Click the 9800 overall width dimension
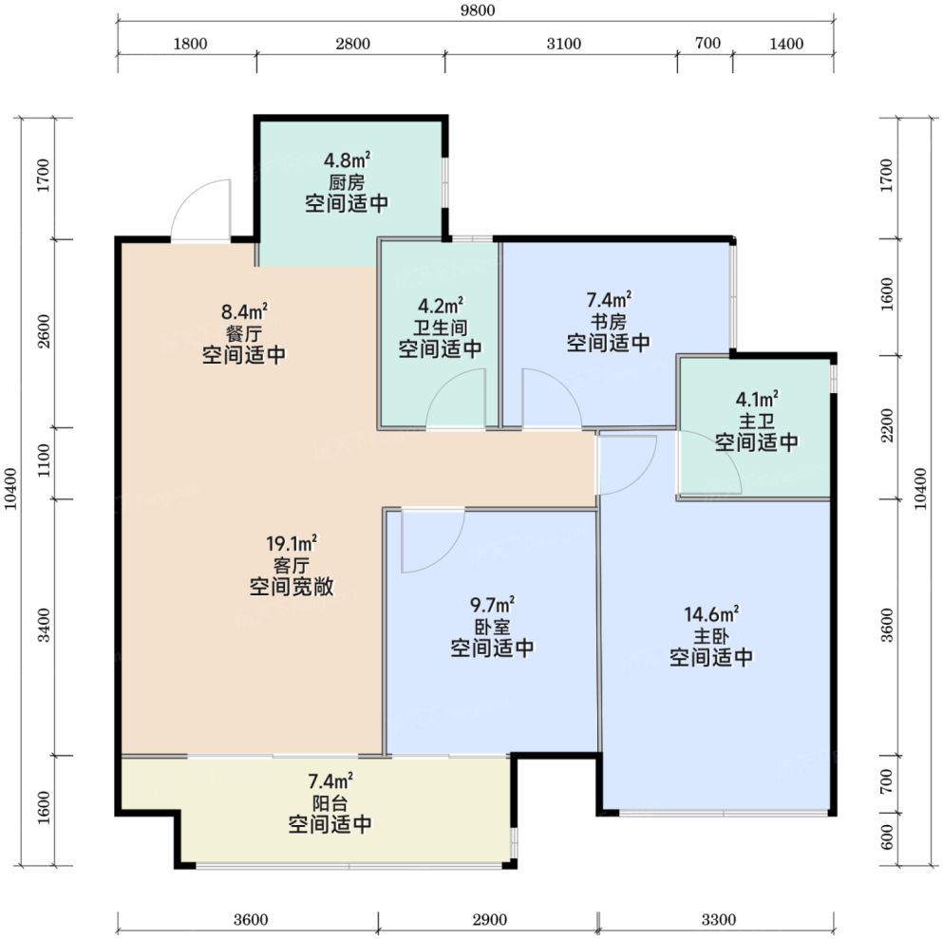(x=478, y=10)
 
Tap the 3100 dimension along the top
(x=563, y=44)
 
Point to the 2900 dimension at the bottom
(x=489, y=919)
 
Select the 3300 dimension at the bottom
(x=719, y=919)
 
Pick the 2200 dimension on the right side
(x=887, y=425)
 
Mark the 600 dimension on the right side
(x=887, y=836)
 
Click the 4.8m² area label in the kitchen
(x=347, y=160)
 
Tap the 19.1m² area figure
(x=292, y=544)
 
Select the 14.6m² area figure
(x=711, y=613)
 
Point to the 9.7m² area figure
(x=493, y=604)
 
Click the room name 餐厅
(x=244, y=333)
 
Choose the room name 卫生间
(x=441, y=328)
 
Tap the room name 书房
(x=609, y=322)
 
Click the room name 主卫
(x=757, y=421)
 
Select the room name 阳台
(x=330, y=802)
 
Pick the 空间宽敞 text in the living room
(x=292, y=587)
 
